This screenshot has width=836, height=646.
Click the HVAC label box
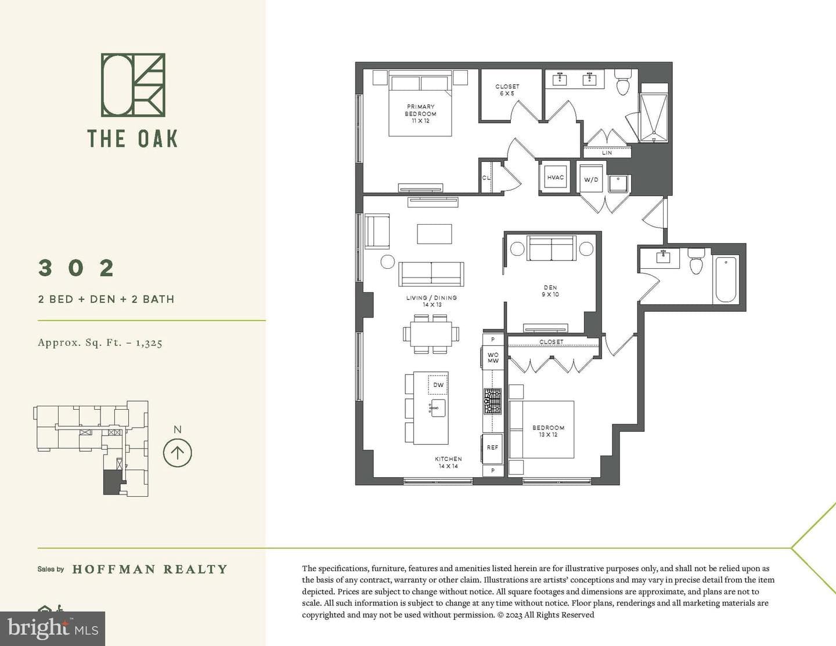pos(556,177)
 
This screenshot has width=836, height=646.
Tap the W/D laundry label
pos(591,179)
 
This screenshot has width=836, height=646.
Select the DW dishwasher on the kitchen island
pos(438,384)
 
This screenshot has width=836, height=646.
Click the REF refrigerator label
pos(492,447)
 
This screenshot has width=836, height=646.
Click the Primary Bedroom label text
pos(420,113)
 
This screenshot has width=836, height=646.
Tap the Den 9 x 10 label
pos(550,291)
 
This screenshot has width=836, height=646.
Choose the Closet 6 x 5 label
pos(507,90)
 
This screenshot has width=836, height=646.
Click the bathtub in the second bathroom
pos(726,280)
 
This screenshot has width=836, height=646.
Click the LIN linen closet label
pos(607,153)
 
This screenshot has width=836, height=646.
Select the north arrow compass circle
pos(177,453)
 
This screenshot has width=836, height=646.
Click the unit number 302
pos(76,268)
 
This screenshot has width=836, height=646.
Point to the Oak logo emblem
pos(133,85)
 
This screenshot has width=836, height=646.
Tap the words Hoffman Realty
pos(150,569)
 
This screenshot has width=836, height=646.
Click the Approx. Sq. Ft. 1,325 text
pos(100,342)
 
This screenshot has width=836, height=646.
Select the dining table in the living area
pos(431,334)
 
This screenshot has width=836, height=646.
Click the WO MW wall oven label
pos(493,358)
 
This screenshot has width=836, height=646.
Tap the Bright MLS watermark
pos(53,629)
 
